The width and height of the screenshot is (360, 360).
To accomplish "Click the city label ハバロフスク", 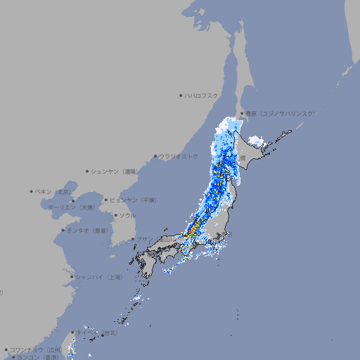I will click(x=202, y=95).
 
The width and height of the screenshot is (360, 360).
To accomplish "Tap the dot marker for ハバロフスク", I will click(x=181, y=95).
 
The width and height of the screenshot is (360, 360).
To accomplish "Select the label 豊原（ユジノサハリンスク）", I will click(x=280, y=113).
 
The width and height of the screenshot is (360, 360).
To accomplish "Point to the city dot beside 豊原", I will click(x=242, y=113).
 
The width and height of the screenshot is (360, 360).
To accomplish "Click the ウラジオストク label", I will click(x=179, y=156).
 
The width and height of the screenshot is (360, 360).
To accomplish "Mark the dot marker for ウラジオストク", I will click(x=155, y=156).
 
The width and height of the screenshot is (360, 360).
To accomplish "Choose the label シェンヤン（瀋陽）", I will click(x=115, y=171).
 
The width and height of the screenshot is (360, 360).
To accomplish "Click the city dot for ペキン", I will click(x=32, y=191).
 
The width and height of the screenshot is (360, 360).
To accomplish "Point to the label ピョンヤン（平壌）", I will click(x=134, y=200).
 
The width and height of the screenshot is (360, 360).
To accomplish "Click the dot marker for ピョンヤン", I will click(x=107, y=200).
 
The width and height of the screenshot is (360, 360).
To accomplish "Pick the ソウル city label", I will click(x=127, y=215).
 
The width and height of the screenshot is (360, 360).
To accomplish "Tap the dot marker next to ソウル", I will click(x=115, y=215).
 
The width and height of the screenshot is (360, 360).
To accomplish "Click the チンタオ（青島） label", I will click(x=87, y=230).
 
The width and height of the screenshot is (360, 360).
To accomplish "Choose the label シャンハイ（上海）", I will click(x=99, y=277).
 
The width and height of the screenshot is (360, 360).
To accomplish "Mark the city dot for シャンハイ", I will click(x=72, y=277).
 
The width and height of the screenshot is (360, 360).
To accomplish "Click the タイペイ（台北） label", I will click(x=90, y=332).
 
